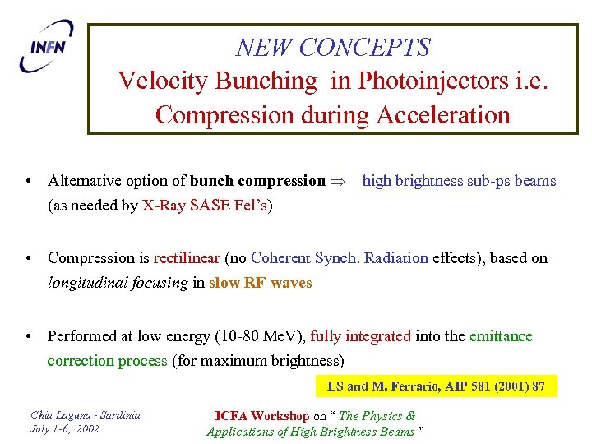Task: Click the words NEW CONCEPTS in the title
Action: [332, 48]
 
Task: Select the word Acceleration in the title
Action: [443, 114]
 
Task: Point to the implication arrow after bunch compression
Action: [339, 181]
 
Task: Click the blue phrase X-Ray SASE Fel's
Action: [206, 206]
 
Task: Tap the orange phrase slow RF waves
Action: [260, 283]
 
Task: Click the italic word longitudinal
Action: [83, 283]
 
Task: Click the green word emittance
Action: [501, 336]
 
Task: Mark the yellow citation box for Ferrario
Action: [436, 386]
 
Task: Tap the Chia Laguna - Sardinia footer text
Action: [85, 414]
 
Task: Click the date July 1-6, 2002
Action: [66, 429]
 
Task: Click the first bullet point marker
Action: [28, 181]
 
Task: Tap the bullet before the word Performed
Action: [28, 336]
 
